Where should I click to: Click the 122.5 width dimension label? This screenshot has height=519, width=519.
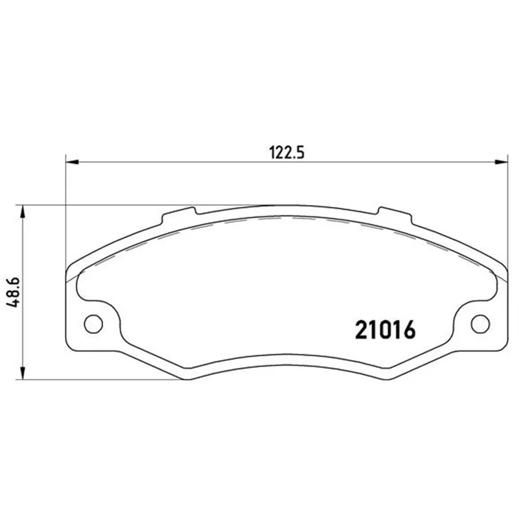click(287, 152)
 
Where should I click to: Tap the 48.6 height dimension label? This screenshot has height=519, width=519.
click(14, 293)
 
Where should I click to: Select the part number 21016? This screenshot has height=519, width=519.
click(385, 330)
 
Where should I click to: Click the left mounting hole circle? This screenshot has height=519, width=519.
click(93, 324)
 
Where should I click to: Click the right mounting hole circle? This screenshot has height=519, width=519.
click(480, 324)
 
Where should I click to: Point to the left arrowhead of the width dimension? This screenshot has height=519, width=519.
click(72, 162)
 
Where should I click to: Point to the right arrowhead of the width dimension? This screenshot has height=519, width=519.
click(501, 162)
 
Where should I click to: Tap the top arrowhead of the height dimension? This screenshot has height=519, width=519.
click(22, 212)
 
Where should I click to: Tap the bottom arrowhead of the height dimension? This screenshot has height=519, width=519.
click(22, 372)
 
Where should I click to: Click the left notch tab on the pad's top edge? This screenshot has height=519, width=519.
click(179, 215)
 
